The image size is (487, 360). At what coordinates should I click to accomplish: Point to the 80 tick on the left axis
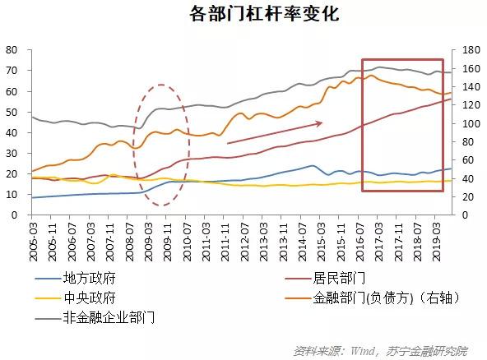coord(12,49)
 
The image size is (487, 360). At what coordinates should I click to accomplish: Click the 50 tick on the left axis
coord(12,112)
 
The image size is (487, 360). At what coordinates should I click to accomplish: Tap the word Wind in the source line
coord(358,350)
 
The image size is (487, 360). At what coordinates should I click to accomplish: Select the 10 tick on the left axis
coord(12,194)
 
